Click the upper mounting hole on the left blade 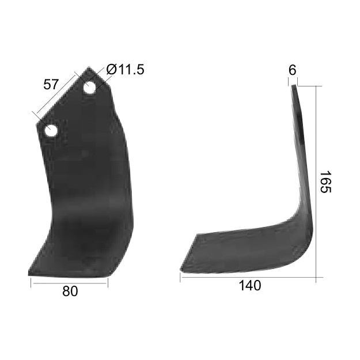89,88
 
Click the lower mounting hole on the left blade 51,130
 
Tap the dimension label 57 51,84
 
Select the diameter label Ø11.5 124,70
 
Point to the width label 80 70,291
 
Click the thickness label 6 292,70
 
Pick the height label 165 325,181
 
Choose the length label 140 249,286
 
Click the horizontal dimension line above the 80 70,282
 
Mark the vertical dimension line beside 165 316,181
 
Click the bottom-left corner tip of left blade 29,274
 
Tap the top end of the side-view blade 294,86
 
